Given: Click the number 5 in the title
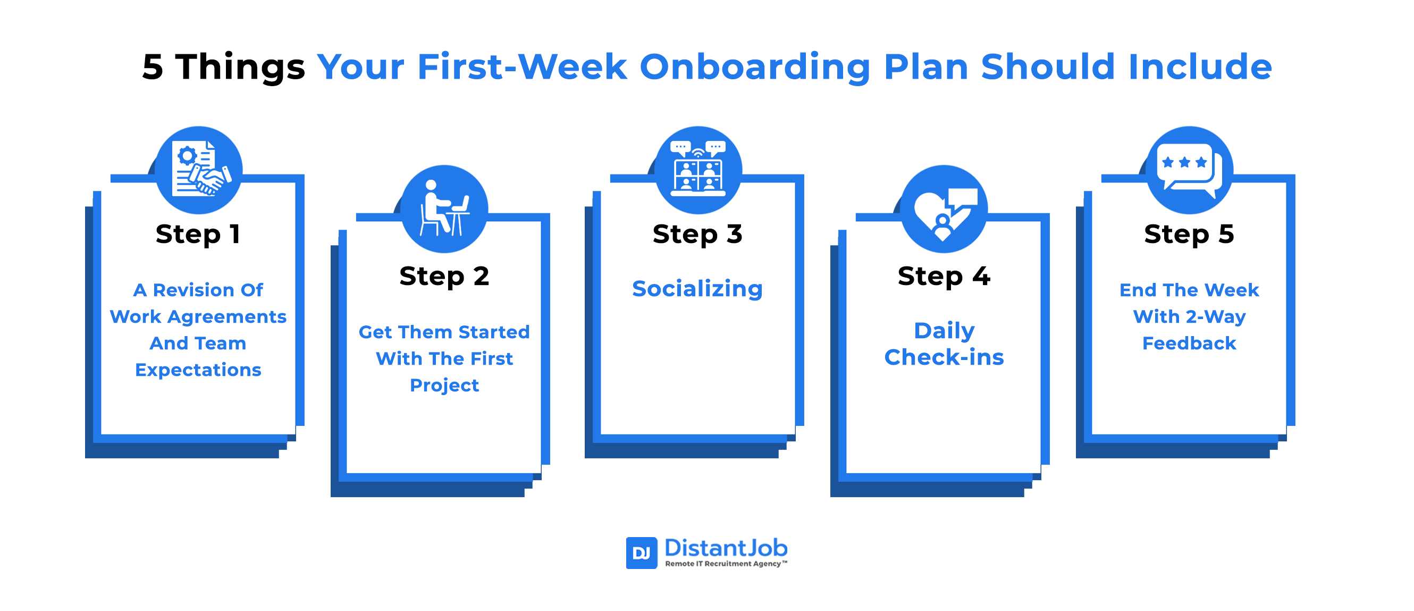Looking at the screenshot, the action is (153, 67).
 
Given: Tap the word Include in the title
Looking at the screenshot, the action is (1200, 66).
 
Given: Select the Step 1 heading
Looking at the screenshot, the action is (198, 235).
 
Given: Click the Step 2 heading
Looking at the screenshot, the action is (444, 276).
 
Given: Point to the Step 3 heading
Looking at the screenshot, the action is (697, 235).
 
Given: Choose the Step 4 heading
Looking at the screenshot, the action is (944, 276).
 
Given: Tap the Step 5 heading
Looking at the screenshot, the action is (1189, 235).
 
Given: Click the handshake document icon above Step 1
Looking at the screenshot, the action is (199, 170).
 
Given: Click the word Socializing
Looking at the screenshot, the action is (697, 289).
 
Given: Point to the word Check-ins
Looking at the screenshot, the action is (944, 357).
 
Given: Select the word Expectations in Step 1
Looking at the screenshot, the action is (198, 371).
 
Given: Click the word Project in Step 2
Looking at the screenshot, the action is (444, 386).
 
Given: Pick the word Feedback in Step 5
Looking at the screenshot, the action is (1189, 344).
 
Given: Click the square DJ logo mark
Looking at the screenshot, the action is (641, 553).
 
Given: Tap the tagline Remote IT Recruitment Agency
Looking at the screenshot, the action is (726, 564).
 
